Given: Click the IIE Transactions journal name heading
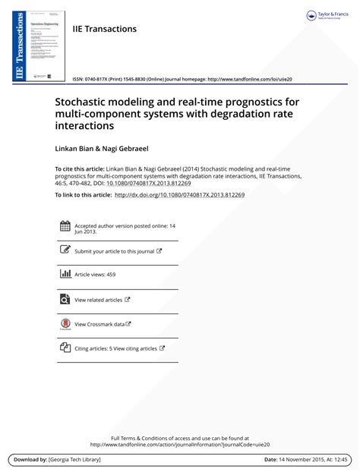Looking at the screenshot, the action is click(104, 29).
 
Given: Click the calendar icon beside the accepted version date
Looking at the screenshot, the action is click(65, 226).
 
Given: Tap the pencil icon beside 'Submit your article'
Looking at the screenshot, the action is click(65, 250).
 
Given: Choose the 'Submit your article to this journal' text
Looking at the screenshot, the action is click(114, 250).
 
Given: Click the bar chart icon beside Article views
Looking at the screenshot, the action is click(65, 275).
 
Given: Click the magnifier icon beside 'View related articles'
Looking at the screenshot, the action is click(65, 300).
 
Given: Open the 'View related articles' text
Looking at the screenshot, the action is click(98, 300).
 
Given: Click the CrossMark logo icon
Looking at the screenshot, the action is click(65, 324).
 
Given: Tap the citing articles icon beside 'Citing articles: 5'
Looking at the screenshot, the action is click(65, 348).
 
